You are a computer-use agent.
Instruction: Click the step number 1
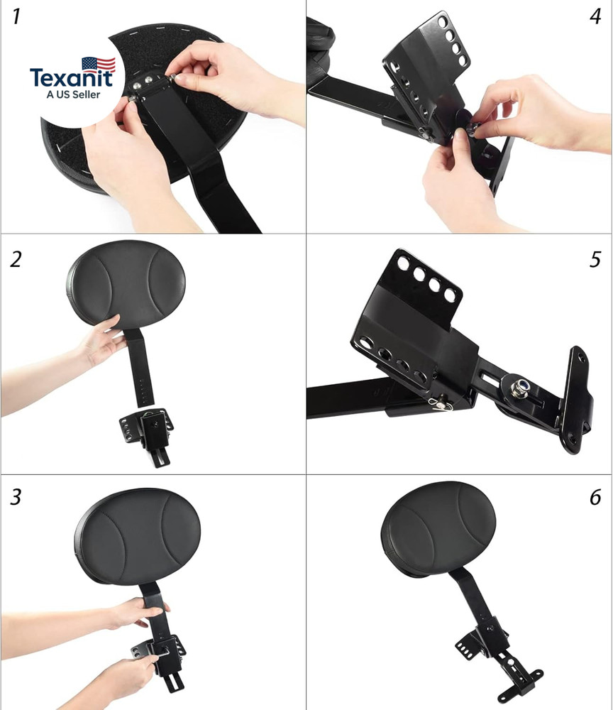tap(16, 17)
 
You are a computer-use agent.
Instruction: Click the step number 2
tap(16, 259)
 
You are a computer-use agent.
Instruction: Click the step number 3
tap(16, 498)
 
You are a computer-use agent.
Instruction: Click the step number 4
tap(595, 17)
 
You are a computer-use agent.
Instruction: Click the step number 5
tap(595, 259)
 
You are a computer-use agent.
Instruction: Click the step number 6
tap(595, 498)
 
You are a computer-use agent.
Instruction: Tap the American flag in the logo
tap(99, 65)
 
